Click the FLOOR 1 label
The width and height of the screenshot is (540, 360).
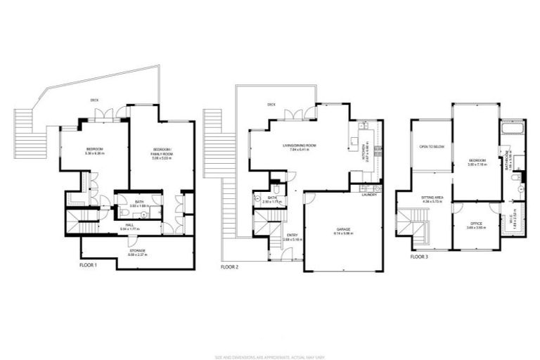coord(88,266)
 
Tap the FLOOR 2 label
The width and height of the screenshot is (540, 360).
coord(230,267)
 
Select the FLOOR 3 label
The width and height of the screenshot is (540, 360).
coord(418,257)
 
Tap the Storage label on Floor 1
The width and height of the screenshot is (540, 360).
coord(138,251)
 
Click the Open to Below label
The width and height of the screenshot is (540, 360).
coord(430,146)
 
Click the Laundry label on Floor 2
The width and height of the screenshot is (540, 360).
coord(369,195)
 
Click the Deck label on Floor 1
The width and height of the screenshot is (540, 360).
coord(94,100)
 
